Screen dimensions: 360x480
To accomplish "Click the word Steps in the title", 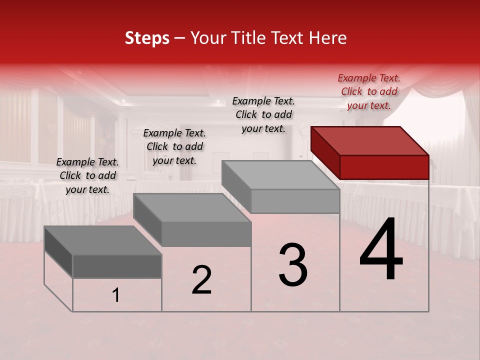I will coord(147,38).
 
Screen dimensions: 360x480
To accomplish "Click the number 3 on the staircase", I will coord(293,265).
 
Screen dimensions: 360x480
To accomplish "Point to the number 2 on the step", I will coord(201,280).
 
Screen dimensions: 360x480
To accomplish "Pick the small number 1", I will coord(116,295).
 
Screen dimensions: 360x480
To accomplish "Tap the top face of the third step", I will coord(280,175).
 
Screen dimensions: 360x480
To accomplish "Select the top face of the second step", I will coord(192,207).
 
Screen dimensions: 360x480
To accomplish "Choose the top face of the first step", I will coord(103,240).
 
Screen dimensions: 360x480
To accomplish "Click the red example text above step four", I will coord(369,91).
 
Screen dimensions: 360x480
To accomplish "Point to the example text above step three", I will coord(263,114).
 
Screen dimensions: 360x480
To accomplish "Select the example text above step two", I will coord(174,146).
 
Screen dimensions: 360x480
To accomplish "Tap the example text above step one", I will coord(87,175).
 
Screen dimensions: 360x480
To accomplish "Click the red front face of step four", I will coord(384,167).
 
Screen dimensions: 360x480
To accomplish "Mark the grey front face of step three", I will coord(295,201).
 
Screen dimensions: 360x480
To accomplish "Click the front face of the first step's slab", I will coord(117,266).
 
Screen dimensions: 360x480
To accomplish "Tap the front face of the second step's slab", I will coord(206,234).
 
